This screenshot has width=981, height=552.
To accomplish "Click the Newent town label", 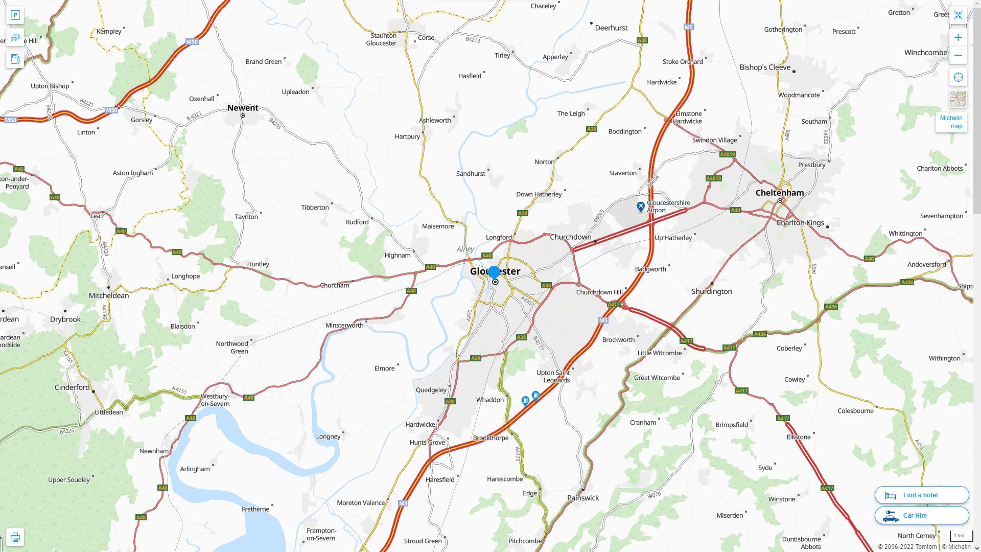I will pyautogui.click(x=243, y=108).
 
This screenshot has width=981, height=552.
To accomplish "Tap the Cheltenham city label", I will pyautogui.click(x=779, y=193).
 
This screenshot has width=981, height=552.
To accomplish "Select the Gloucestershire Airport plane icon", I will pyautogui.click(x=640, y=206).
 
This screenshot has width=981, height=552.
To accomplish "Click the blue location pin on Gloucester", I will pyautogui.click(x=494, y=272).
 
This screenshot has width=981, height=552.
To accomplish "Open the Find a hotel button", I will pyautogui.click(x=921, y=495).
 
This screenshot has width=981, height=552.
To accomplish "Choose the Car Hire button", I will pyautogui.click(x=921, y=515).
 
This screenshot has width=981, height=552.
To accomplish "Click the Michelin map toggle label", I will pyautogui.click(x=951, y=122).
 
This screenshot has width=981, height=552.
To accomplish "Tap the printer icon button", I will pyautogui.click(x=15, y=537).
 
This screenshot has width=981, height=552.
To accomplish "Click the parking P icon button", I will pyautogui.click(x=15, y=15).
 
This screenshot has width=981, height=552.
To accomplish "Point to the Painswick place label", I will pyautogui.click(x=583, y=498).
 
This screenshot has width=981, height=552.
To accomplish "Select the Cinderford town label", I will pyautogui.click(x=72, y=387).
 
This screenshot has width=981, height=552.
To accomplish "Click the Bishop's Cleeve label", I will pyautogui.click(x=765, y=67).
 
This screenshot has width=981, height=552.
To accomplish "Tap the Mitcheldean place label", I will pyautogui.click(x=109, y=295).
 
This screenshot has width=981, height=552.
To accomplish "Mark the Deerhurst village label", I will pyautogui.click(x=611, y=28).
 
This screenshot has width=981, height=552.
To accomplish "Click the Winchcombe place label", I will pyautogui.click(x=925, y=53).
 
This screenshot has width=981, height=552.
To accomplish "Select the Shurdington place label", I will pyautogui.click(x=711, y=291).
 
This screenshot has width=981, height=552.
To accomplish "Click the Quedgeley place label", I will pyautogui.click(x=431, y=390).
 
